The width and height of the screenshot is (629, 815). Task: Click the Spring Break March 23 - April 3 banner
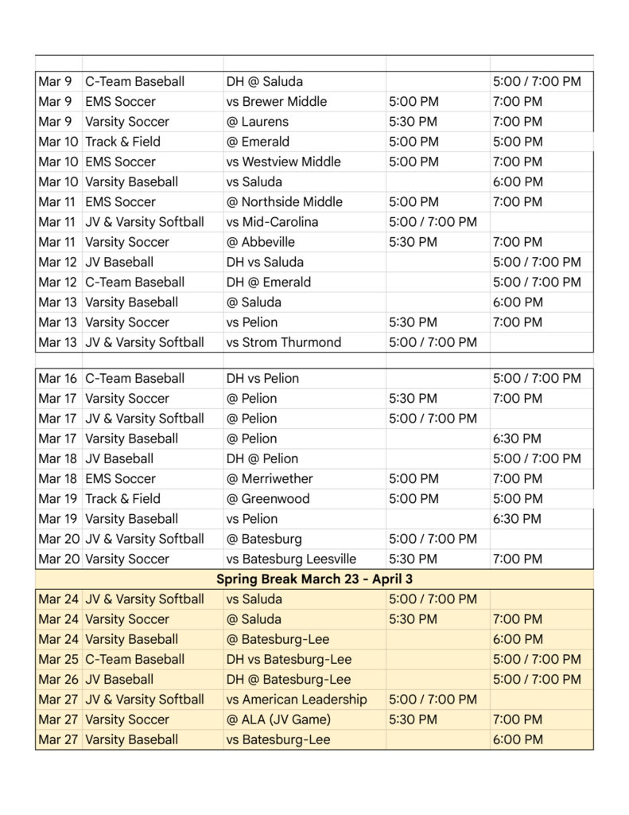[x=314, y=579]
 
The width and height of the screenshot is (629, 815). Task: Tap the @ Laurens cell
[x=258, y=122]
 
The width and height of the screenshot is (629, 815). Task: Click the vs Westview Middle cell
[x=283, y=162]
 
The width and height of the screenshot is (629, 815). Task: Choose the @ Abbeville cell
[x=261, y=242]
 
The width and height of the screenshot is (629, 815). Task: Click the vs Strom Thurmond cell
[x=284, y=342]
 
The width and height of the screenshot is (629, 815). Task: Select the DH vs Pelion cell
[x=262, y=379]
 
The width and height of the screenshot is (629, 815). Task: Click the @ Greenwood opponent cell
[x=268, y=499]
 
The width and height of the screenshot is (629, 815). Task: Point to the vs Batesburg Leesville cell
[x=291, y=559]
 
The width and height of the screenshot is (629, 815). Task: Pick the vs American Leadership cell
[x=297, y=700]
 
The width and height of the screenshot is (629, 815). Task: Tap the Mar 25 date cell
[x=57, y=659]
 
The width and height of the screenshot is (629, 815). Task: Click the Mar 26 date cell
[x=57, y=680]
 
